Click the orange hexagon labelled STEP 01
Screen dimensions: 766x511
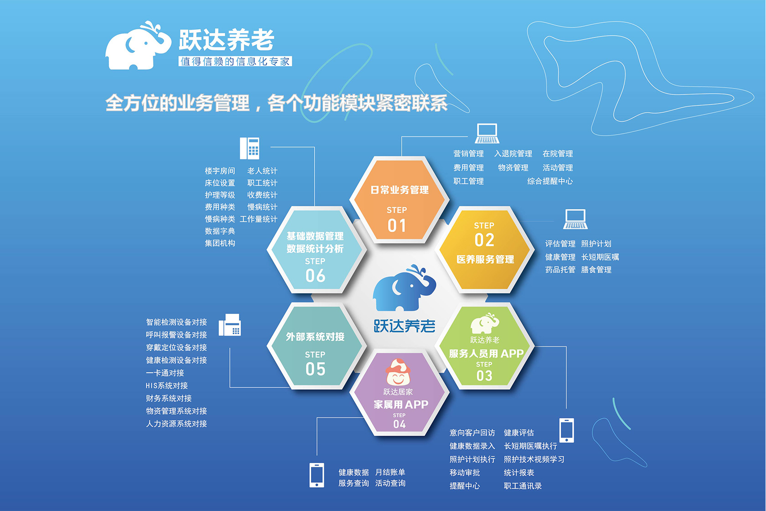(399, 200)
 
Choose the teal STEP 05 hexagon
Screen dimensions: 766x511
(316, 346)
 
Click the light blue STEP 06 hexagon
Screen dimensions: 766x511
(316, 250)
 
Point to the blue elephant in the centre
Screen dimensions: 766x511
(404, 287)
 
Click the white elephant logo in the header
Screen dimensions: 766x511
(138, 45)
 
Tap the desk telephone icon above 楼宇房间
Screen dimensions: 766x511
(249, 148)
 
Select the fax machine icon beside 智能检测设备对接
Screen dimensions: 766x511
(230, 325)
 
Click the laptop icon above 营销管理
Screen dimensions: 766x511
(487, 134)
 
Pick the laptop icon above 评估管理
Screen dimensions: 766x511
(575, 219)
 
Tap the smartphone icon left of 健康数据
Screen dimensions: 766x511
(316, 474)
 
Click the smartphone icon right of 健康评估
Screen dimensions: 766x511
(567, 430)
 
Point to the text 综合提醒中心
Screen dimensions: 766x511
(550, 181)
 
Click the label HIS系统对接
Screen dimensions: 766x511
(167, 386)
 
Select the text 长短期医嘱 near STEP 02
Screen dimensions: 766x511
(600, 257)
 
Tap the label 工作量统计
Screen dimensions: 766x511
(259, 219)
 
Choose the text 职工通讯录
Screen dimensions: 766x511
(523, 485)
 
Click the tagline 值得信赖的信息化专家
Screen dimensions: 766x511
(235, 61)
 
